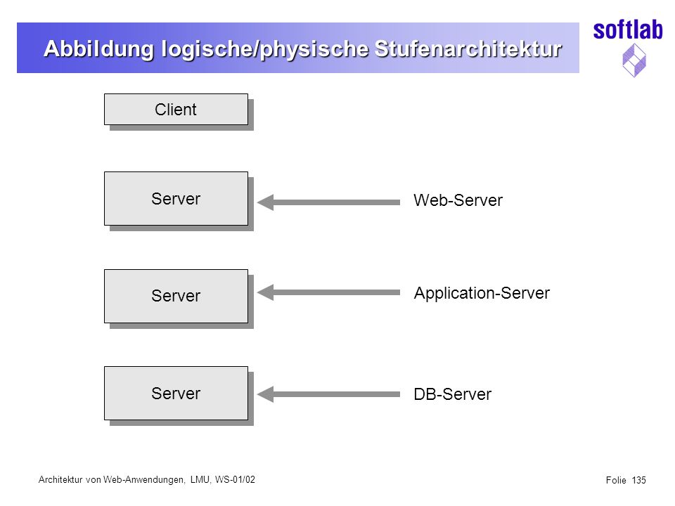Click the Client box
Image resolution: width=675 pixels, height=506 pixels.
pos(176,110)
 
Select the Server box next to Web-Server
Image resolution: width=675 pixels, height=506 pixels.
pos(176,199)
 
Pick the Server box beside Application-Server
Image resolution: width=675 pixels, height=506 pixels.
pos(176,296)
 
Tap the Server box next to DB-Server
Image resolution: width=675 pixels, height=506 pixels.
pos(176,394)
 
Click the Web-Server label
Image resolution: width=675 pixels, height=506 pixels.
pos(458,200)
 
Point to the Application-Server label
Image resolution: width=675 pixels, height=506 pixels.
pos(482,294)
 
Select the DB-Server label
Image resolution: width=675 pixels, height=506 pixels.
pos(452,394)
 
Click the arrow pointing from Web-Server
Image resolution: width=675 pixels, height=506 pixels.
pos(329,202)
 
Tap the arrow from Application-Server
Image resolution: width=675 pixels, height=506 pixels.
pos(329,292)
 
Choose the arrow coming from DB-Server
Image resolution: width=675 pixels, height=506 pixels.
pos(329,394)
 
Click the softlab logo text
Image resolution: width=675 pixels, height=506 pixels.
pos(628,30)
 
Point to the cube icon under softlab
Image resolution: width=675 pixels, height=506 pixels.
pos(634,60)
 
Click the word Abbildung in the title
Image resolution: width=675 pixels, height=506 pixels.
pos(99,49)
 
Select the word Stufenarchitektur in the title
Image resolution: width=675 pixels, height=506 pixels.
pos(468,48)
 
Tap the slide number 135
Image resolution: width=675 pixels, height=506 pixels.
pos(639,480)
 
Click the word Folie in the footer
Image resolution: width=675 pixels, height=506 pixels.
pos(616,480)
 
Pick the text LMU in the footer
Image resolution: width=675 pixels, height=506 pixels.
pos(200,480)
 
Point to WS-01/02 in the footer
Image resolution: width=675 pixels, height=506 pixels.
pos(235,479)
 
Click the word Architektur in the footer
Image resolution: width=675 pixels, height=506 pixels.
pos(60,479)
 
